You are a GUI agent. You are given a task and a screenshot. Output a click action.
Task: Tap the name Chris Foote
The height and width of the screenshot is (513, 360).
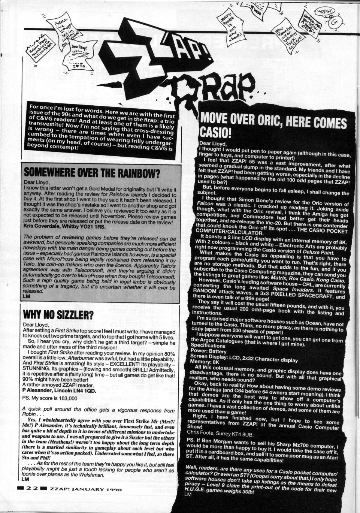pyautogui.click(x=205, y=435)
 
